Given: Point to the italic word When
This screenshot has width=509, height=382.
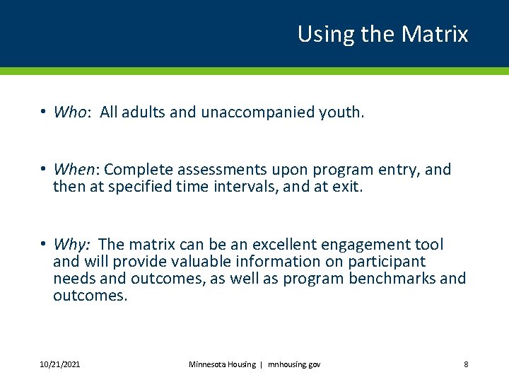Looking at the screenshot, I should (74, 170).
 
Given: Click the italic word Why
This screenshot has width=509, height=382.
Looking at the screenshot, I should (71, 245).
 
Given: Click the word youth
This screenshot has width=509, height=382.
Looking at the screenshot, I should (342, 112).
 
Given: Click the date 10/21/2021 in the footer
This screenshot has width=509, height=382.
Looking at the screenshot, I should (60, 364).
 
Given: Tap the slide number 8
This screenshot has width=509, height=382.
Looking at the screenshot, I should (466, 364).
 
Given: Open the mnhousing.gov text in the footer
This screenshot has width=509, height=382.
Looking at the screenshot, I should (293, 364).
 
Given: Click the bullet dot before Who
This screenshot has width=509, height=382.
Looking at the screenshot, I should (44, 112).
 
